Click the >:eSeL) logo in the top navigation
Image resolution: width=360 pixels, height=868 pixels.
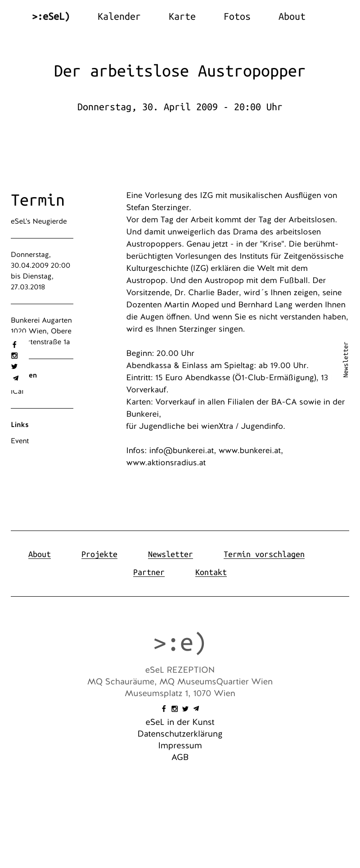click(51, 17)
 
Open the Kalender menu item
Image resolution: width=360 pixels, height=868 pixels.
click(119, 17)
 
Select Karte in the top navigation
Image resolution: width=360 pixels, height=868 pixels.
click(182, 17)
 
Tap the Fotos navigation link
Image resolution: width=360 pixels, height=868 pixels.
click(237, 17)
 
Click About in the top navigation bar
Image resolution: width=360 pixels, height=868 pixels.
click(292, 17)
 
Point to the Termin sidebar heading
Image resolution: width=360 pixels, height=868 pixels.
click(38, 200)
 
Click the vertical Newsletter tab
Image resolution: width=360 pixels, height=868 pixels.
click(346, 360)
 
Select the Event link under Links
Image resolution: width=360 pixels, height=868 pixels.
click(20, 441)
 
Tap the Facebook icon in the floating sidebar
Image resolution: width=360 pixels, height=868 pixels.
click(14, 345)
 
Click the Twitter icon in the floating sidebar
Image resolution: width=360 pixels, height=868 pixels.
click(14, 367)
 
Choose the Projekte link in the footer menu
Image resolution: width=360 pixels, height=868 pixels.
click(99, 554)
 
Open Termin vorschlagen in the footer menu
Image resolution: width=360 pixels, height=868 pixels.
click(264, 554)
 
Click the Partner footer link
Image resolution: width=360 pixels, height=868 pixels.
click(149, 572)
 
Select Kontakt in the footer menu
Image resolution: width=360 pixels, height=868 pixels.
click(211, 572)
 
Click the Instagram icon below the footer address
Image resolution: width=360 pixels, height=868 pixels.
click(175, 709)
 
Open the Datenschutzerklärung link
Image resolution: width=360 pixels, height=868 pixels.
click(180, 734)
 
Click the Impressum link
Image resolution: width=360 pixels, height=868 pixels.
click(180, 746)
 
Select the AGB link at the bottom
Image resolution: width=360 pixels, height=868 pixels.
click(180, 757)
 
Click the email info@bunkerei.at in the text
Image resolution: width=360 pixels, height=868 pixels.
click(182, 450)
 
